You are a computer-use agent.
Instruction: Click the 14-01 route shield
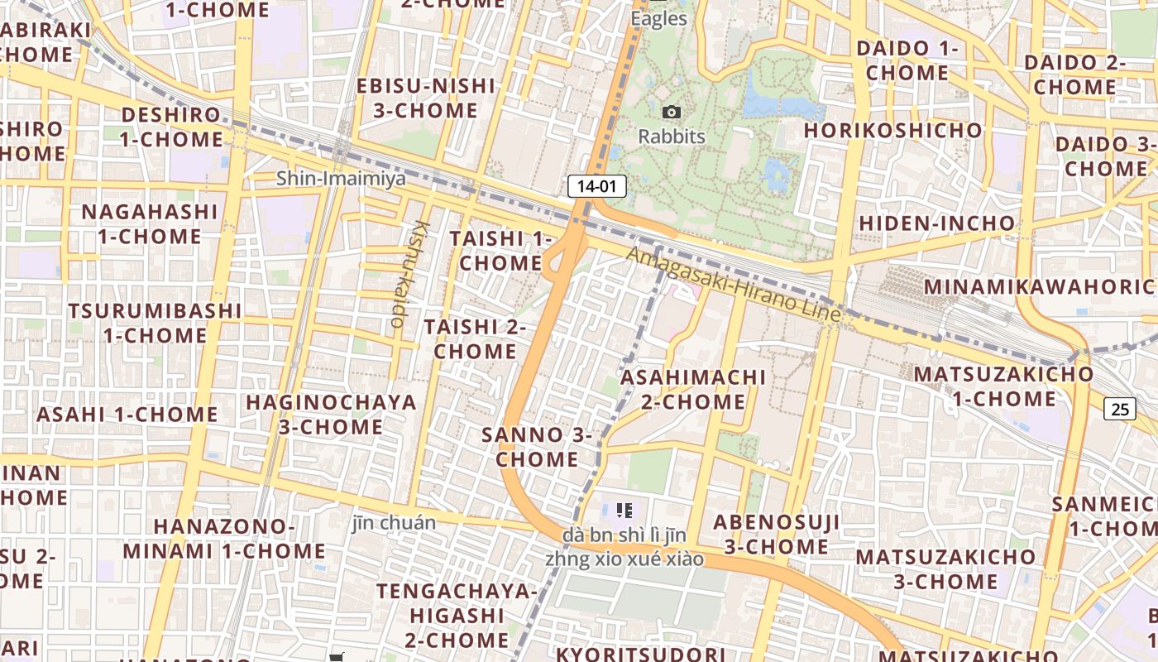point(596,186)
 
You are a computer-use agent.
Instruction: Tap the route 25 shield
point(1120,408)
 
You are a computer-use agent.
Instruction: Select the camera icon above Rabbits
point(672,112)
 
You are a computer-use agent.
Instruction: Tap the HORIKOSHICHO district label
point(892,131)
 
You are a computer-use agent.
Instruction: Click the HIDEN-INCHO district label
point(936,223)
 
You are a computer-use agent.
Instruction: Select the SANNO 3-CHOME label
point(538,447)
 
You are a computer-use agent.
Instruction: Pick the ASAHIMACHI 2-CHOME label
point(694,389)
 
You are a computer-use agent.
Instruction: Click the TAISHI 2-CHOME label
point(476,338)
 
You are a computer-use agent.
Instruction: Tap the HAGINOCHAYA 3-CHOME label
point(331,415)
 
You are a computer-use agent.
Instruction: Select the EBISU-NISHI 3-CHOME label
point(426,98)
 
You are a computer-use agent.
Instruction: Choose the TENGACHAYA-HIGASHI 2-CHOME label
point(456,615)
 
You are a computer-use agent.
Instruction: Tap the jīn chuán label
point(394,522)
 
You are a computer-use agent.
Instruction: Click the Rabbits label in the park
point(672,137)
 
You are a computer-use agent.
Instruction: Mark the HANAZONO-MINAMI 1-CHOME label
point(224,538)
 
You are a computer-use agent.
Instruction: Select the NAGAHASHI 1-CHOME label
point(150,223)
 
